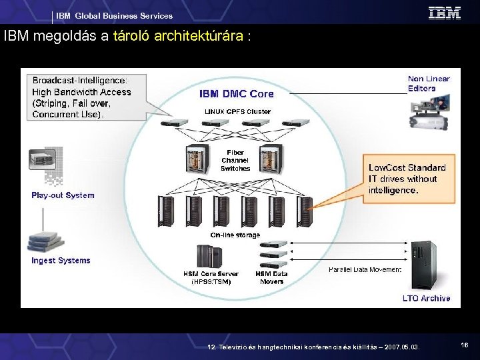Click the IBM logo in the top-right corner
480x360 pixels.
pos(444,13)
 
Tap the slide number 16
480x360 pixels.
pos(464,344)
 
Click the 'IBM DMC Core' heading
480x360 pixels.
pos(236,94)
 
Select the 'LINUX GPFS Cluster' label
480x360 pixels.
pos(237,111)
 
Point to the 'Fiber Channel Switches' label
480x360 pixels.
pos(235,161)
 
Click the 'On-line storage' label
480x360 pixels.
pos(235,235)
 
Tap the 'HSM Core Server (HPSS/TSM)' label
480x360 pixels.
pos(211,277)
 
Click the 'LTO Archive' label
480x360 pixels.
pos(426,299)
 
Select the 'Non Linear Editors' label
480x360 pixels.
pos(429,83)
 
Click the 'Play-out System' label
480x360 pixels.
pos(63,195)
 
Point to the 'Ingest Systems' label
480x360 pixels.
pos(61,261)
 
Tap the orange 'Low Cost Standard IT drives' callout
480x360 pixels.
pos(408,179)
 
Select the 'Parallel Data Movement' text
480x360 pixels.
pos(365,269)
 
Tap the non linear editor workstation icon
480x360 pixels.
pos(430,111)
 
